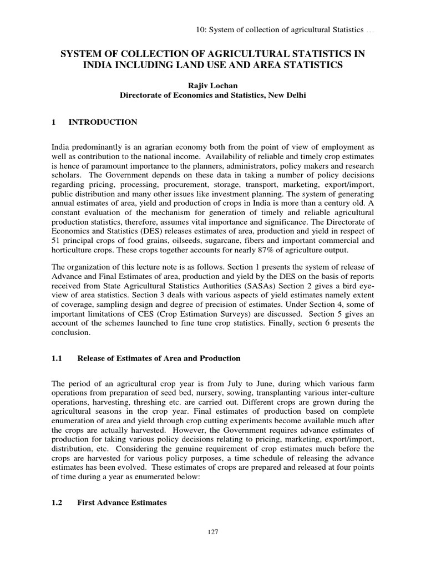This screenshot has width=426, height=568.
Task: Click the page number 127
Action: (x=213, y=532)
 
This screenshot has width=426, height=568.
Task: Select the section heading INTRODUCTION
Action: (x=103, y=122)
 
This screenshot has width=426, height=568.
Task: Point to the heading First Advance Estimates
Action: (x=122, y=503)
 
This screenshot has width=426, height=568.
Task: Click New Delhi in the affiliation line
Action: (x=283, y=95)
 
